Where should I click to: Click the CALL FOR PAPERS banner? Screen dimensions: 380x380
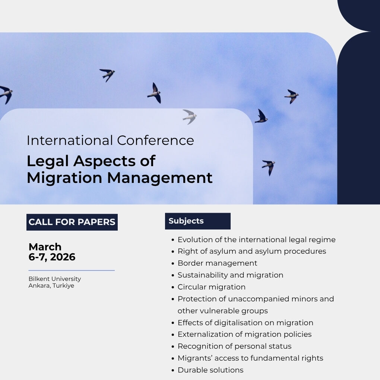tap(72, 222)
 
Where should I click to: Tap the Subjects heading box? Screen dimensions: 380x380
tap(197, 221)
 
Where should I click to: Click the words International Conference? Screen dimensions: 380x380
tap(110, 140)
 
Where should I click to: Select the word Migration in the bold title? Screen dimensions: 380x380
tap(64, 178)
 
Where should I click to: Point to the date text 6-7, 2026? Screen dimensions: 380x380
tap(52, 257)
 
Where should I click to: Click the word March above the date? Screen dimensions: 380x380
tap(45, 247)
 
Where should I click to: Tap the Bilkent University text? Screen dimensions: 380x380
tap(55, 279)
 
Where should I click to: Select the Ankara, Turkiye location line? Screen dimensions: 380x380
tap(51, 286)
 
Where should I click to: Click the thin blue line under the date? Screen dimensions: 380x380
tap(72, 270)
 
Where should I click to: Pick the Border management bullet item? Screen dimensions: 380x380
tap(217, 263)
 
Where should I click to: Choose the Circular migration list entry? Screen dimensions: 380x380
tap(211, 287)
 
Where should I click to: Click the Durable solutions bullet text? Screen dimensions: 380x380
tap(210, 370)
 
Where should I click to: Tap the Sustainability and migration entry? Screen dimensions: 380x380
tap(230, 275)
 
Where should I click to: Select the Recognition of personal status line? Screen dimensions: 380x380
tap(234, 346)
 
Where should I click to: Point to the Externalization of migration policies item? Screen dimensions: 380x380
tap(244, 334)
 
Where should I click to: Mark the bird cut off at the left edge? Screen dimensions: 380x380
tap(6, 94)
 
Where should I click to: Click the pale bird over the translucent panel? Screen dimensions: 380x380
tap(190, 116)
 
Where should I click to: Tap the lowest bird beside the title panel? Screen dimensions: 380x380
tap(269, 166)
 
